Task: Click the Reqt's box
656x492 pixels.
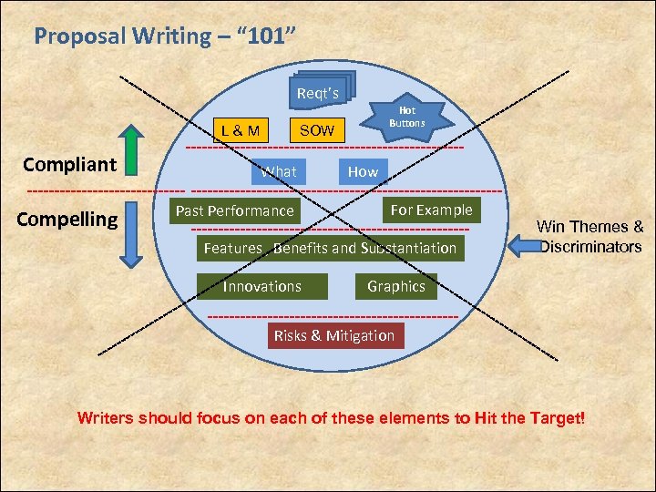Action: click(x=318, y=93)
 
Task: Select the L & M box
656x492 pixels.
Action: click(x=241, y=130)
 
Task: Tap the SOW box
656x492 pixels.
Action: click(x=317, y=130)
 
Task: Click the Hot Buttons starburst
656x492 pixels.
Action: click(x=407, y=117)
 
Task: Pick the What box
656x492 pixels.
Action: click(x=279, y=171)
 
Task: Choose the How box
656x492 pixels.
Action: click(x=363, y=171)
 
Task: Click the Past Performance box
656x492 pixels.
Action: click(x=235, y=210)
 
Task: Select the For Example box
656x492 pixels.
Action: click(x=431, y=210)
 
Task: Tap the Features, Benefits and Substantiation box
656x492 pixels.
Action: click(x=330, y=248)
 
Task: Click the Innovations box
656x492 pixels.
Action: click(x=262, y=286)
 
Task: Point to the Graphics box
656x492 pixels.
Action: click(x=396, y=286)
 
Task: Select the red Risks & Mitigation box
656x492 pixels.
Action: click(x=334, y=335)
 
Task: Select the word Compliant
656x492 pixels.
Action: click(x=70, y=165)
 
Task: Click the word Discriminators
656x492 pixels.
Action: click(x=590, y=247)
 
